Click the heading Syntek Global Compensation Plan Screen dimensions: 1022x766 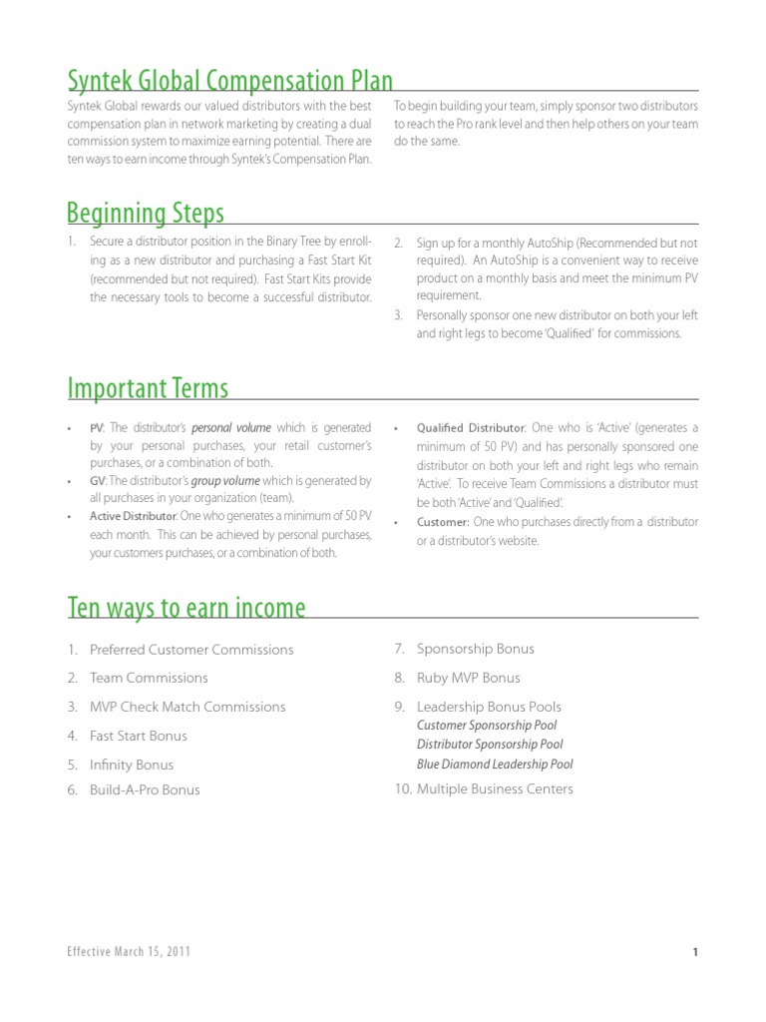click(229, 81)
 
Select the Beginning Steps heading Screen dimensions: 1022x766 click(146, 213)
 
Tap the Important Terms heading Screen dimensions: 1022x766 click(148, 387)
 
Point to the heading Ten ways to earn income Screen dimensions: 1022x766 click(187, 608)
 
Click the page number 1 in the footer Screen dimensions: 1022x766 click(694, 953)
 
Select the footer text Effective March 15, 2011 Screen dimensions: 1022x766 click(129, 952)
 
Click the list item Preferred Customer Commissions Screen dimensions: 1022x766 click(191, 650)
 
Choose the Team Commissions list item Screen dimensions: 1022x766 click(149, 678)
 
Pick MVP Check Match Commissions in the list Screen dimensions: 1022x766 click(188, 707)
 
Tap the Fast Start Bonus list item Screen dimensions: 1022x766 click(139, 736)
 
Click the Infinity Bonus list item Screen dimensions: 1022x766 click(132, 766)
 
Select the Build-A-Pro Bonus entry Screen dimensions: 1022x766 click(145, 790)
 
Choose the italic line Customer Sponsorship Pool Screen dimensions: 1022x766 click(487, 726)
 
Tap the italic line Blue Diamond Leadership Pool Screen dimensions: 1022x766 click(495, 765)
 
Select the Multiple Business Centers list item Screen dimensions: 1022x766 click(495, 789)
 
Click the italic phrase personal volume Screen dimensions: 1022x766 click(231, 428)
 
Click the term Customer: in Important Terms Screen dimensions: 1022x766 click(442, 522)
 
